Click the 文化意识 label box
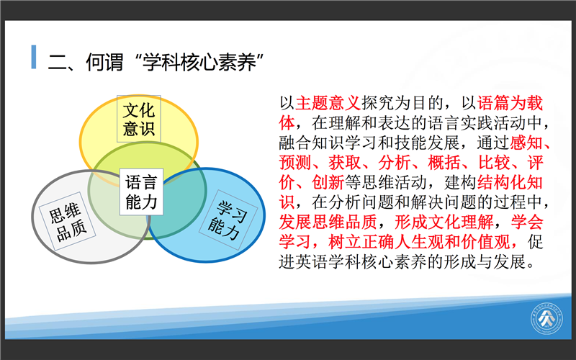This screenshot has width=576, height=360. (x=139, y=119)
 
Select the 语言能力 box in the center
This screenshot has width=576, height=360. (x=141, y=192)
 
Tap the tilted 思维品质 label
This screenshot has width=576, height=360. (x=68, y=222)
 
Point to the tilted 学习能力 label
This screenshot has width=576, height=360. (x=228, y=220)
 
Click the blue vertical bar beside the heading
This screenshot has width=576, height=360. (x=34, y=57)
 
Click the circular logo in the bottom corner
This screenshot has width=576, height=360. (x=546, y=318)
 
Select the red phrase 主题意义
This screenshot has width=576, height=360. (x=328, y=103)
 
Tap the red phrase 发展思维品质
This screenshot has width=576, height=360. (x=328, y=222)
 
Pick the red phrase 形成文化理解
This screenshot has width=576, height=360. (x=444, y=222)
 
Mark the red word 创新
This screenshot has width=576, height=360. (x=328, y=183)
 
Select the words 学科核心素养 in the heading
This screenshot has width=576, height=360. (x=199, y=63)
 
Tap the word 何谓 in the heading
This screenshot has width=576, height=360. (x=104, y=63)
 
